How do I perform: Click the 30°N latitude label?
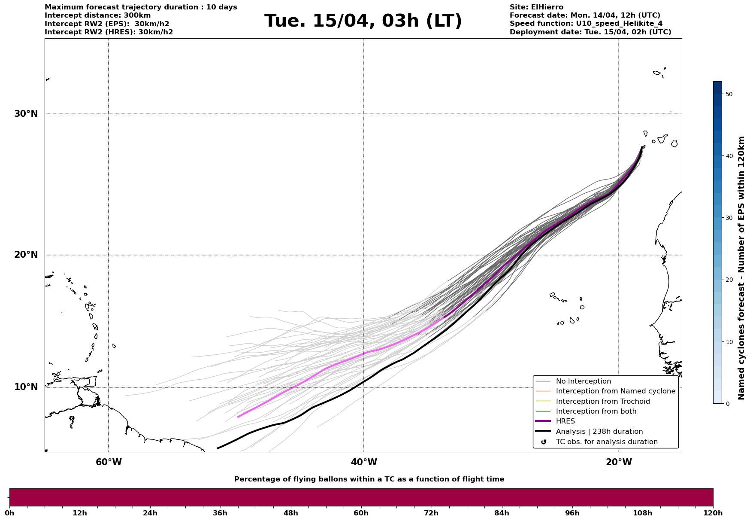coord(26,114)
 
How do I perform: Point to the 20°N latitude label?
coord(26,255)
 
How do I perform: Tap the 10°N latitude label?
coord(26,387)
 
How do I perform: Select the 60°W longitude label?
coord(109,462)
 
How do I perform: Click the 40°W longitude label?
coord(364,462)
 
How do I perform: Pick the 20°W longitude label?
coord(619,462)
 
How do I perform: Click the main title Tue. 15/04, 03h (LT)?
coord(363,21)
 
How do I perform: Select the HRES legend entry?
coord(565,421)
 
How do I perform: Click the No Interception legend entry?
coord(583,381)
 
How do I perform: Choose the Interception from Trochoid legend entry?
coord(602,402)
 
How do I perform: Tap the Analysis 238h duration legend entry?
coord(599,432)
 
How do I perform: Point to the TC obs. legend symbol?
coord(544,442)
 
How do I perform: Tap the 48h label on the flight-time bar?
coord(290,513)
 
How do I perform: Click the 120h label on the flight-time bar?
coord(713,513)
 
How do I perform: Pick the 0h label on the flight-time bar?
coord(9,513)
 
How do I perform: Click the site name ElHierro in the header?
coord(549,7)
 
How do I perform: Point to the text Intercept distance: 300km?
coord(97,15)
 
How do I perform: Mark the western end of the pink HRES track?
coord(238,417)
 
